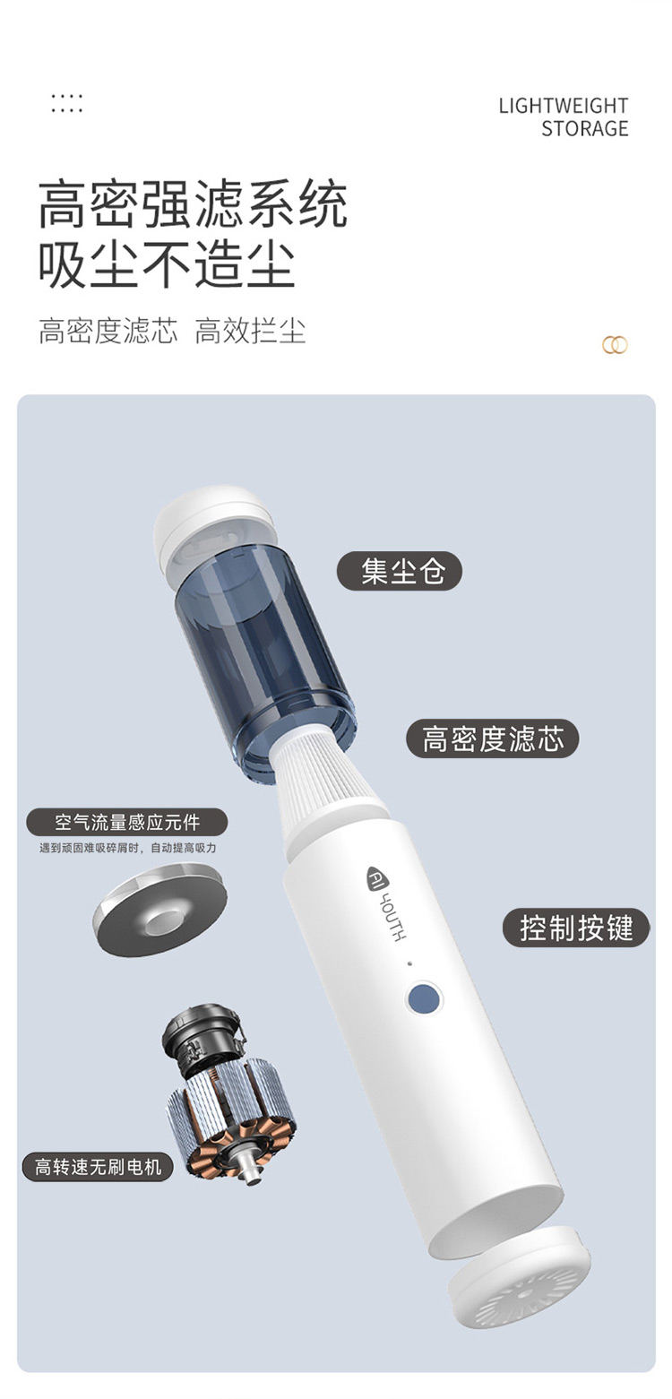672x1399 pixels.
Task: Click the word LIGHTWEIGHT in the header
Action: [x=563, y=106]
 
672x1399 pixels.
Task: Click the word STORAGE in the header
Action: [x=584, y=129]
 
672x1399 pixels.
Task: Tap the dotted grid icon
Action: [x=67, y=104]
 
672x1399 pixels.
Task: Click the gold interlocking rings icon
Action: [x=615, y=345]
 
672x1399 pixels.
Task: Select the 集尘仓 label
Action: [x=400, y=571]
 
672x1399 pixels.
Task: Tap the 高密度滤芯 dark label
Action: [x=492, y=738]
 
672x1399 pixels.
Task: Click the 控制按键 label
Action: [x=576, y=928]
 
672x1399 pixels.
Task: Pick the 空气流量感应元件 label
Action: [x=126, y=822]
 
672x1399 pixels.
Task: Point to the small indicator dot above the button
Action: [x=409, y=963]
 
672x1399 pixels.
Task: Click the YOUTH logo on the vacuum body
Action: [x=385, y=902]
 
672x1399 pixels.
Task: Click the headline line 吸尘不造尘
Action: [x=167, y=264]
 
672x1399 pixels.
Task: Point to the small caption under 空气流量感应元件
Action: [x=127, y=848]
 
